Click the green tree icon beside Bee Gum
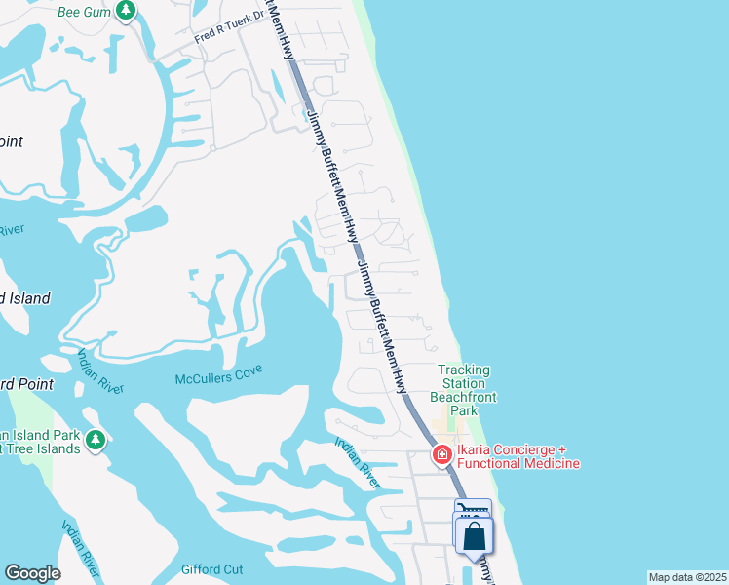(x=125, y=11)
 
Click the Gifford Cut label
(x=211, y=569)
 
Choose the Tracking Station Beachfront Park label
(x=463, y=390)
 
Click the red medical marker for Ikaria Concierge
(x=441, y=454)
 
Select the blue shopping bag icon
(x=474, y=535)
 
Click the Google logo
(x=32, y=573)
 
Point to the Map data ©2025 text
(x=687, y=577)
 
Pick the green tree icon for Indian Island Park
(x=96, y=440)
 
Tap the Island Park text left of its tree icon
(x=39, y=434)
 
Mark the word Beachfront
(x=463, y=397)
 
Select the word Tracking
(x=463, y=370)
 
